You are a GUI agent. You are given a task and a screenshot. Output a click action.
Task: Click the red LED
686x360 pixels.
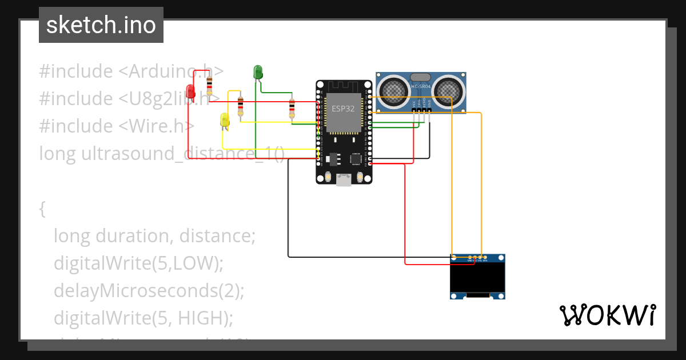pyautogui.click(x=190, y=91)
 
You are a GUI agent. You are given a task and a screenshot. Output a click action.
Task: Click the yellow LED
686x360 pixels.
pyautogui.click(x=225, y=119)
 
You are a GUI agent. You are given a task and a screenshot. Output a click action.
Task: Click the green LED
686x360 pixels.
pyautogui.click(x=258, y=72)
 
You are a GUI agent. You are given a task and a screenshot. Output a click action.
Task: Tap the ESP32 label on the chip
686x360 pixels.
pyautogui.click(x=343, y=108)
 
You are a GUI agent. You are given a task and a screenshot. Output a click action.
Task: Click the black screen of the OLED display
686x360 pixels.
pyautogui.click(x=477, y=278)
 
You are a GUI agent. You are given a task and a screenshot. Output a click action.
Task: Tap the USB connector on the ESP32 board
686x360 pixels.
pyautogui.click(x=344, y=180)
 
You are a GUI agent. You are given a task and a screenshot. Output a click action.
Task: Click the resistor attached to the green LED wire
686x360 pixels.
pyautogui.click(x=292, y=108)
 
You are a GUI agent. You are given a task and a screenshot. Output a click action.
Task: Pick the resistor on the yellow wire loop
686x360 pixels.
pyautogui.click(x=240, y=106)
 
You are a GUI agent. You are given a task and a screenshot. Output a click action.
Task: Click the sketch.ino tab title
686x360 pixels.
pyautogui.click(x=101, y=25)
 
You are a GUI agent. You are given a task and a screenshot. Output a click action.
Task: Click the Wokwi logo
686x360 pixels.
pyautogui.click(x=607, y=315)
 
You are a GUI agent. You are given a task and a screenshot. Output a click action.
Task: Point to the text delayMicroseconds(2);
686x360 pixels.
pyautogui.click(x=149, y=290)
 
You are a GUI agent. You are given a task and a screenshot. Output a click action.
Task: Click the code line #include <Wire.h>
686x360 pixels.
pyautogui.click(x=117, y=126)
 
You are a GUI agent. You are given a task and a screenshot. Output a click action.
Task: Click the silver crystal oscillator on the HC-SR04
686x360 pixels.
pyautogui.click(x=421, y=77)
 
